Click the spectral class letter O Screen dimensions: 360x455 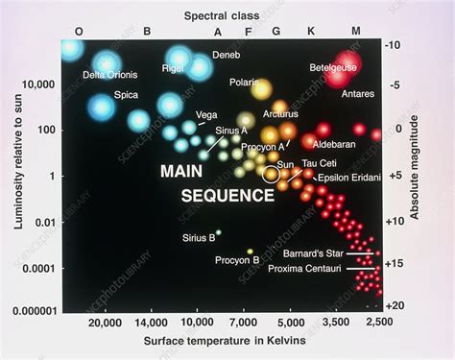[79, 31]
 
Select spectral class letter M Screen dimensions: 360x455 [356, 31]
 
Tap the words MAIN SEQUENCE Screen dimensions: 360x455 [214, 182]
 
